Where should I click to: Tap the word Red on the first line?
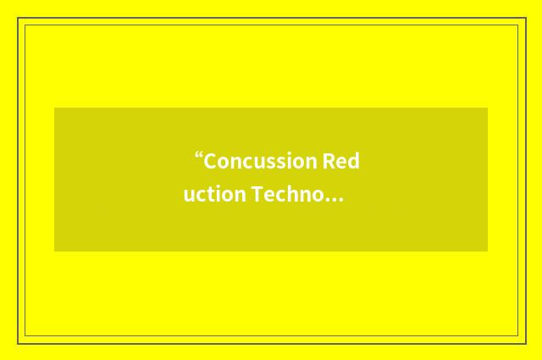coord(340,161)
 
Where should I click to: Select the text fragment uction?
coord(214,195)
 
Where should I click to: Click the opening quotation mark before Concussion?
coord(199,157)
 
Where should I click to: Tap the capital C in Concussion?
coord(210,161)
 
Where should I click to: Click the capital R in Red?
coord(327,161)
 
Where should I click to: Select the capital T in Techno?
coord(255,195)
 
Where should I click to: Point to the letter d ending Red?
coord(353,161)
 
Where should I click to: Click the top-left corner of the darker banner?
coord(55,108)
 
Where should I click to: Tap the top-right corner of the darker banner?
coord(487,108)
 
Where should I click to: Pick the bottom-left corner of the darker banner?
coord(55,251)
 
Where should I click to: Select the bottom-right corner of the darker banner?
coord(487,251)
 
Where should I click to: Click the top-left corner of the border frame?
coord(19,19)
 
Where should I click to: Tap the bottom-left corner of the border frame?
coord(19,343)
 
